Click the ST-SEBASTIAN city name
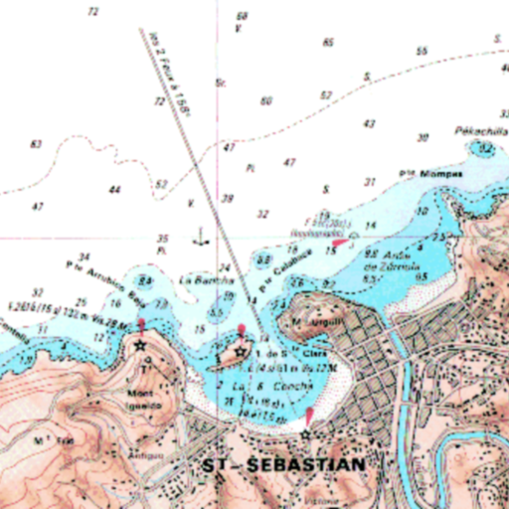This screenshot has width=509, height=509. click(x=282, y=464)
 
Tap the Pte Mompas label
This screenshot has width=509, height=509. click(x=432, y=174)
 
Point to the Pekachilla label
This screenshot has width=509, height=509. click(x=473, y=130)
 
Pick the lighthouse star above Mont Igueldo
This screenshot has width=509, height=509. click(x=141, y=346)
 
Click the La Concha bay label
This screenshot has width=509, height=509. click(x=255, y=385)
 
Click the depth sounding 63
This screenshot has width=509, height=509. click(x=37, y=144)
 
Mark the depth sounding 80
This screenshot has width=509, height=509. click(x=265, y=100)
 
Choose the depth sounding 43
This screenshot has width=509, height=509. click(x=370, y=124)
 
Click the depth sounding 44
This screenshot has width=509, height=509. click(x=115, y=189)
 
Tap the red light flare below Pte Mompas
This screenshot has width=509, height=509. click(x=340, y=242)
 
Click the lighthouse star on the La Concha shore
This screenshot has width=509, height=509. click(x=306, y=434)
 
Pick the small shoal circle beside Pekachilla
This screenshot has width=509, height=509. click(x=485, y=148)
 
